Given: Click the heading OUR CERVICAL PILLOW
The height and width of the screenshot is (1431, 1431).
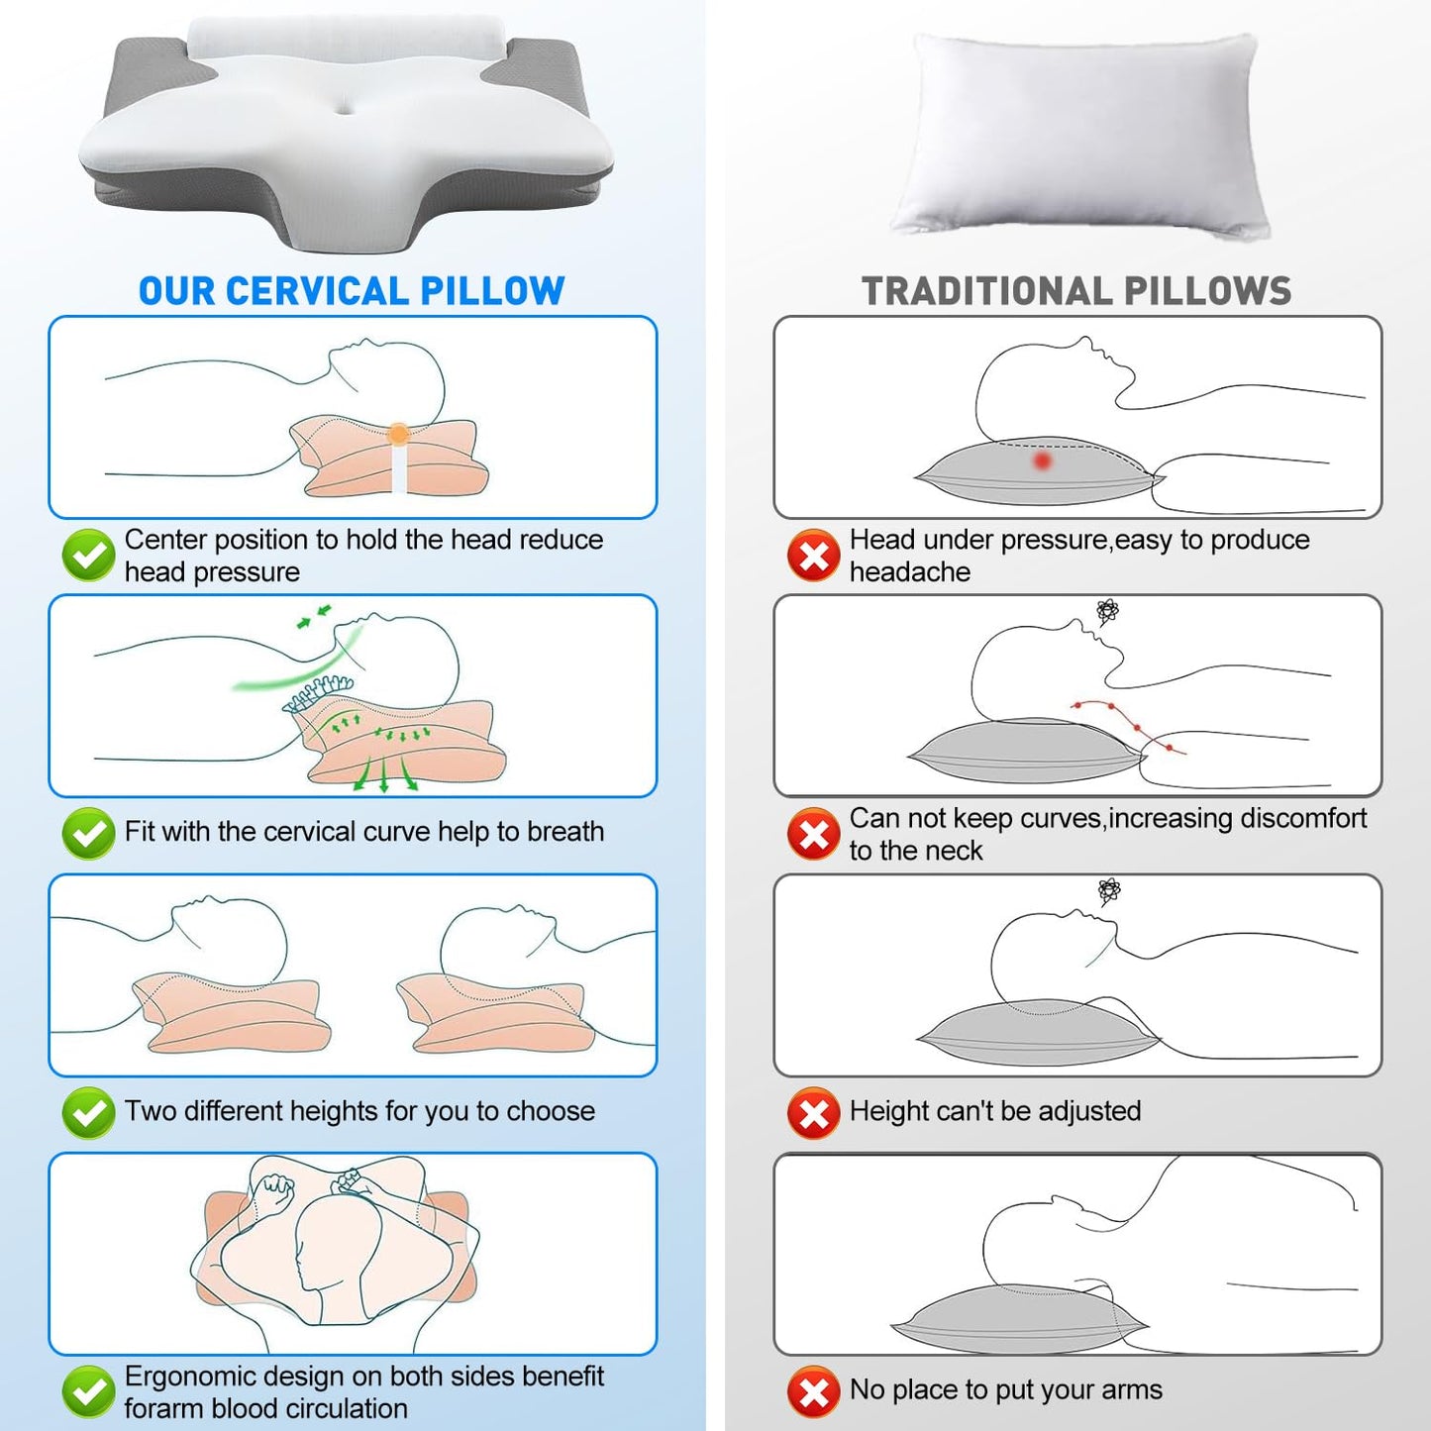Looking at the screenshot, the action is pyautogui.click(x=352, y=290).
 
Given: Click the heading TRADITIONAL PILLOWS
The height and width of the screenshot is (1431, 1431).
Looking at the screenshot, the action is pyautogui.click(x=1076, y=290).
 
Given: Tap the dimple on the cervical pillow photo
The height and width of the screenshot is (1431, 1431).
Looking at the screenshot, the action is pyautogui.click(x=346, y=109).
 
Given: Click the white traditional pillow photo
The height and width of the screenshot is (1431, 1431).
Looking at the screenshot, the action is pyautogui.click(x=1078, y=134).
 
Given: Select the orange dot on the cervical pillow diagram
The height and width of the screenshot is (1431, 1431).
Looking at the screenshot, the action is pyautogui.click(x=399, y=434).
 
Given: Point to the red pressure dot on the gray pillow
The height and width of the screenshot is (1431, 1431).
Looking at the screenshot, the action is pyautogui.click(x=1043, y=461).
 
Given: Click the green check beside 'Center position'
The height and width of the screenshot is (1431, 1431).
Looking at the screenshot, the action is pyautogui.click(x=88, y=555).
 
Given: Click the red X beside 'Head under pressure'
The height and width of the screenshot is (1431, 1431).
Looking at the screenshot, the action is pyautogui.click(x=814, y=555).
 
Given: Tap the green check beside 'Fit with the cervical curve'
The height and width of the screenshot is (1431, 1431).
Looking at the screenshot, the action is pyautogui.click(x=88, y=833).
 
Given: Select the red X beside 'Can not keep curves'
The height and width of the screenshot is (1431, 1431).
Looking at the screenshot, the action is pyautogui.click(x=814, y=833).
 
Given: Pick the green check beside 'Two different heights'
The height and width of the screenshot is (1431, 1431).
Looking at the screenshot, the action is pyautogui.click(x=88, y=1112).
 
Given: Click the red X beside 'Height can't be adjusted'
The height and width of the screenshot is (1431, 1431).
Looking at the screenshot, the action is pyautogui.click(x=814, y=1112).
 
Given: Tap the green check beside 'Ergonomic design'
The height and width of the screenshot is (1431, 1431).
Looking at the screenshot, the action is pyautogui.click(x=88, y=1391).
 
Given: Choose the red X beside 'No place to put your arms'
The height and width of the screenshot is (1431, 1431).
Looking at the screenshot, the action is pyautogui.click(x=814, y=1391).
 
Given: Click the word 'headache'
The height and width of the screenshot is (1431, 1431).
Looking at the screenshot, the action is pyautogui.click(x=910, y=571).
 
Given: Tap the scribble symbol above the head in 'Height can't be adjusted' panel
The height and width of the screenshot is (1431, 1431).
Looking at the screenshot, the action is pyautogui.click(x=1109, y=890).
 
